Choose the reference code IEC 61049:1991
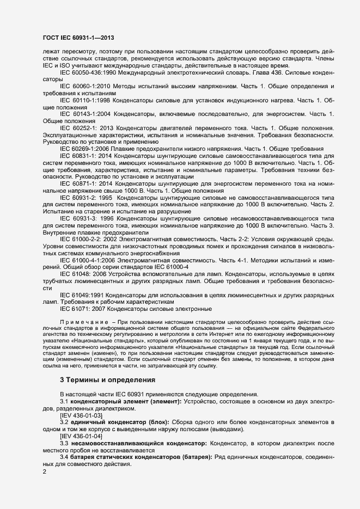(x=81, y=295)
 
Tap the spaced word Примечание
(x=83, y=323)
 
